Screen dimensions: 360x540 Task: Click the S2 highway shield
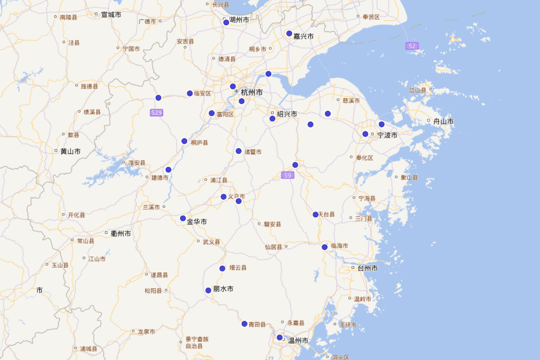tap(412, 46)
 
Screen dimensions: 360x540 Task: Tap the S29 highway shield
tap(156, 112)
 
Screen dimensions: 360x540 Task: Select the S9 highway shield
tap(288, 175)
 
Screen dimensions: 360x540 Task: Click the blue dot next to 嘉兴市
tap(289, 33)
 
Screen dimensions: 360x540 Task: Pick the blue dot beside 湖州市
tap(226, 22)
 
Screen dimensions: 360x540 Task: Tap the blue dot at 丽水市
tap(208, 290)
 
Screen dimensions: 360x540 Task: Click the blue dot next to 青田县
tap(244, 324)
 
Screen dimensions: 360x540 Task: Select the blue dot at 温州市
tap(279, 337)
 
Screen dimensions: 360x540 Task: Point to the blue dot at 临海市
tap(324, 247)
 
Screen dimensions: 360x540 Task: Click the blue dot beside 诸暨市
tap(238, 151)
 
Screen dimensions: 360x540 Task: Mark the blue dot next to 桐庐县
tap(184, 141)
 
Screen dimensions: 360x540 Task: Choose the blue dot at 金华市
tap(183, 218)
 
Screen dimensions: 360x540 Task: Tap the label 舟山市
tap(443, 121)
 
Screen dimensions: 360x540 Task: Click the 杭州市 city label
tap(251, 92)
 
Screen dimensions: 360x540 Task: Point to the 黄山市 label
tap(70, 152)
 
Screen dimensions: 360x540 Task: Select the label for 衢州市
tap(121, 234)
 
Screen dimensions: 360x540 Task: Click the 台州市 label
tap(367, 268)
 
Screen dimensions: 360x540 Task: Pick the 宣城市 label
tap(111, 15)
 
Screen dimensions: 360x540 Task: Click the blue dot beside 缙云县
tap(222, 269)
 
